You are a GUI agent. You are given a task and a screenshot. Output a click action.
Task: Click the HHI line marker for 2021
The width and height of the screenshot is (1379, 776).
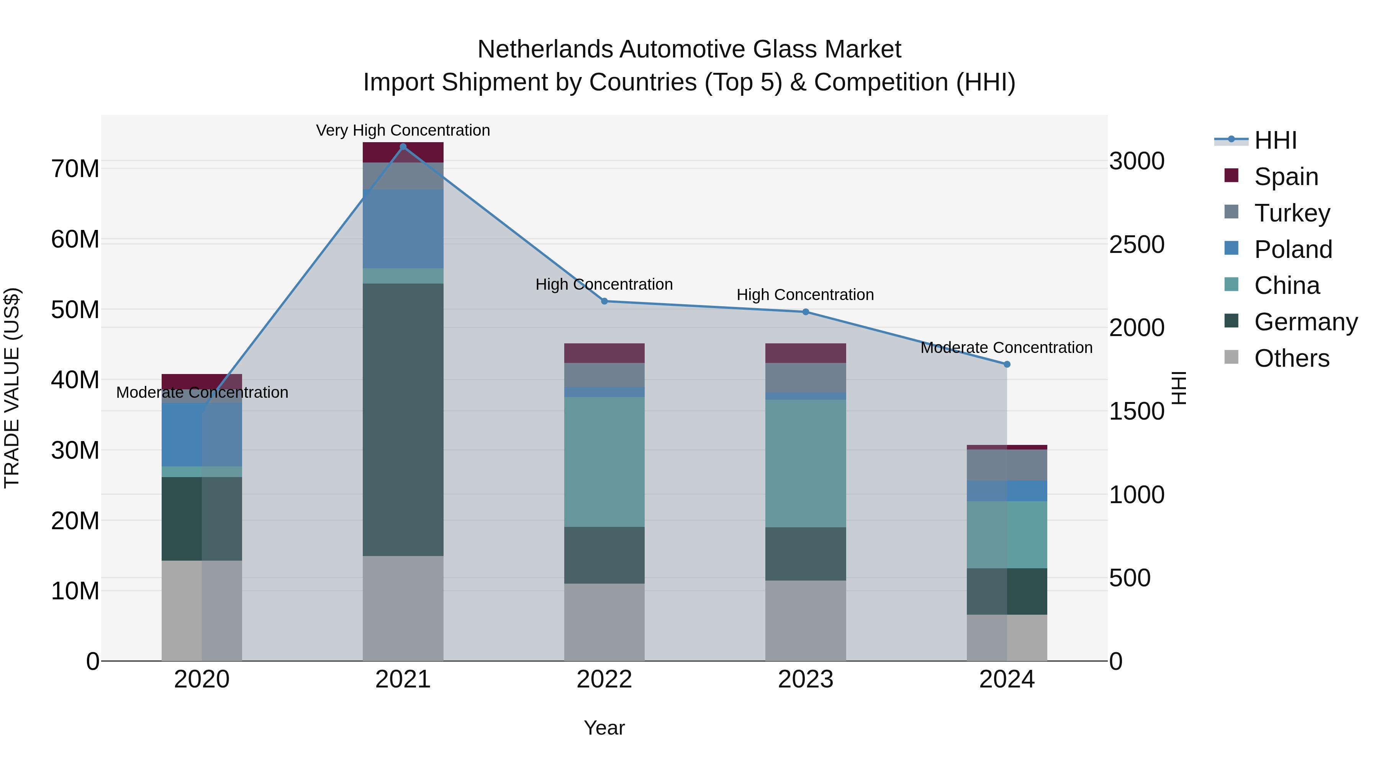[x=403, y=147]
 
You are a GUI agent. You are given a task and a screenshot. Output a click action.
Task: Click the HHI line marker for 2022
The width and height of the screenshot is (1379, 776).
[x=604, y=301]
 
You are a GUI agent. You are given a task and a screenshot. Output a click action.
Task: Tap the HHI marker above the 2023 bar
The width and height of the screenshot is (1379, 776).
[x=806, y=312]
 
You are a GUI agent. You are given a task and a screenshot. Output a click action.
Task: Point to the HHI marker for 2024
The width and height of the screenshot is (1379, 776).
[x=1007, y=364]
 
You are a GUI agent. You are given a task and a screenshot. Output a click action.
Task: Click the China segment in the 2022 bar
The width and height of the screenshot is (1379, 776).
[x=604, y=462]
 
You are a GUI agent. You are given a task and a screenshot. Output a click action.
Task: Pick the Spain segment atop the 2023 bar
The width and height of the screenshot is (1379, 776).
[x=806, y=353]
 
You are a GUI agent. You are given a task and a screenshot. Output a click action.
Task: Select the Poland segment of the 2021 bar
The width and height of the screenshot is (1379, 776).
[x=403, y=229]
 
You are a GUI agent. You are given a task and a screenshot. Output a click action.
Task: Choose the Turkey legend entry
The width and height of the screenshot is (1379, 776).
[x=1292, y=213]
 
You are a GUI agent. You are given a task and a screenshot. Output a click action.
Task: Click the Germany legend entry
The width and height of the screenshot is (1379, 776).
[x=1305, y=322]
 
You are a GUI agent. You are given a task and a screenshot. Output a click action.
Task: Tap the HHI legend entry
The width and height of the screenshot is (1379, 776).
[x=1275, y=140]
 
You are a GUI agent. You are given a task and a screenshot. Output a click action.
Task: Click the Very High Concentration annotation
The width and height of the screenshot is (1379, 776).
[x=403, y=130]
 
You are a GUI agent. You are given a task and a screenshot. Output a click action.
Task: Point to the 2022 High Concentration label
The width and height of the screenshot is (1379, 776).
[x=604, y=284]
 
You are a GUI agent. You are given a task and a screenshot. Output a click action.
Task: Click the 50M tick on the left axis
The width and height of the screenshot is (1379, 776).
[x=75, y=310]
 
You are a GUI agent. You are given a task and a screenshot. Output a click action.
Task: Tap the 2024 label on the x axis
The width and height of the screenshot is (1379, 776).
[x=1007, y=679]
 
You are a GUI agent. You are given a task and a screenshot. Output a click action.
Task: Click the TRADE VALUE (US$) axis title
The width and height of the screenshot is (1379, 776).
[x=12, y=388]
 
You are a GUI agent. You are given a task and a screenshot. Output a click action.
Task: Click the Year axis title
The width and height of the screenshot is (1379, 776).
[x=604, y=728]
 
